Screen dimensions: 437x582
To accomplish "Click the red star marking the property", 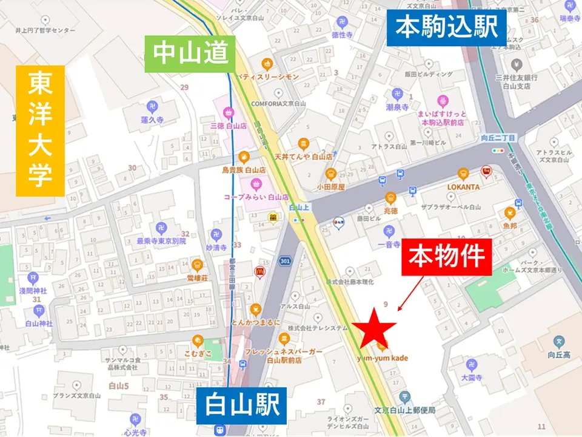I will pos(374,328).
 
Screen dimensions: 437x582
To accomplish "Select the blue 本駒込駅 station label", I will pos(446,27).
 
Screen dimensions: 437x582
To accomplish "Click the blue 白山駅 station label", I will pos(241,405).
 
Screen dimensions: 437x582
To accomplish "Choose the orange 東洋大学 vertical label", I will pos(40,130).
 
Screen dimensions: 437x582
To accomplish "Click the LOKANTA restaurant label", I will pos(463,187).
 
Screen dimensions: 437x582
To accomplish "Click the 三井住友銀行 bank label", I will pos(517,81).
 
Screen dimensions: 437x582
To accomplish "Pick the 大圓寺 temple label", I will pos(471,376).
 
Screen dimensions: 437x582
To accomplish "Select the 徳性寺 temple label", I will pos(342,35).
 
